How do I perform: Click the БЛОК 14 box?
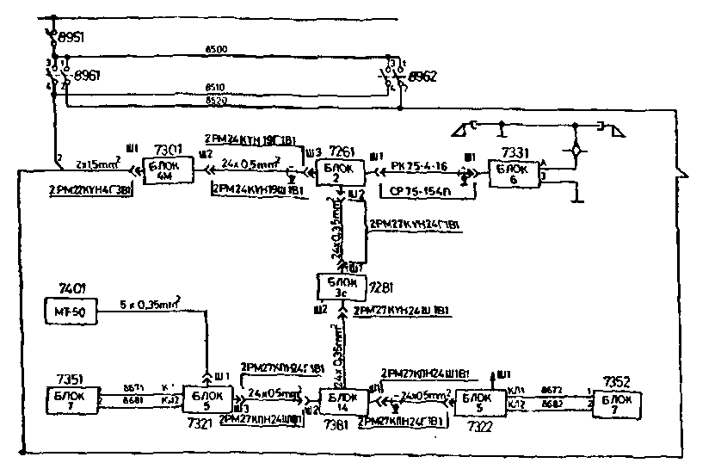tap(341, 401)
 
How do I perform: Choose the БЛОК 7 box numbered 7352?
tap(616, 401)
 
